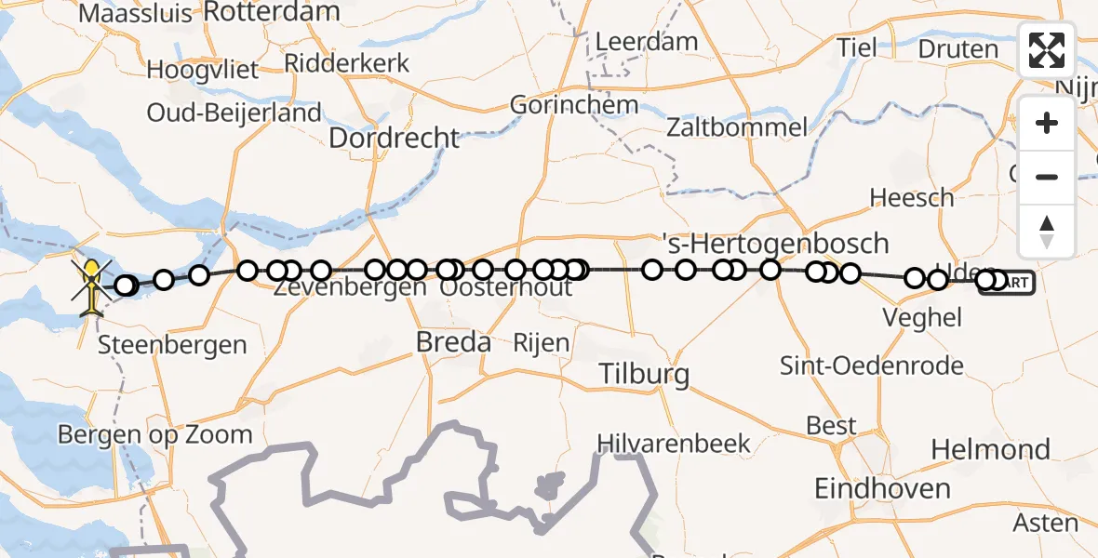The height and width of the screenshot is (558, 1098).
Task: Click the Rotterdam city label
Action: (x=271, y=12)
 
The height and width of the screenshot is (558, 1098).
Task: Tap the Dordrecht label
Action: (x=395, y=139)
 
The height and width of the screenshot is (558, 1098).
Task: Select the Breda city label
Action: (x=453, y=342)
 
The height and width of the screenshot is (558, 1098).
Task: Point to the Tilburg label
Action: (x=645, y=375)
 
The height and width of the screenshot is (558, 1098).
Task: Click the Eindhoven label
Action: (x=882, y=488)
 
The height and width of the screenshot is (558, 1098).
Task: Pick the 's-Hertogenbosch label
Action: (x=774, y=244)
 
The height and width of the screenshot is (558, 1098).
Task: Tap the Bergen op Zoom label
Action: (x=154, y=434)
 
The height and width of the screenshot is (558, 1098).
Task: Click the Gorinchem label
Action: (x=574, y=104)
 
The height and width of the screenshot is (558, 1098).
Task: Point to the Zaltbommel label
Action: (x=737, y=126)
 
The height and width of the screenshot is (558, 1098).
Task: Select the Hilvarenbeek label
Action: (x=674, y=443)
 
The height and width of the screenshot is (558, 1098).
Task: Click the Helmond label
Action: (x=991, y=450)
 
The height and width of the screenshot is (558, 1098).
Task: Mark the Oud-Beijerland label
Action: (x=234, y=113)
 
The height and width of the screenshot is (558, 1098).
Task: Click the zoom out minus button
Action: (x=1047, y=177)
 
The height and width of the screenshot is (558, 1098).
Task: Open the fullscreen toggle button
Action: (x=1047, y=50)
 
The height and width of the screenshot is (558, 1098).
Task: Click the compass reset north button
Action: (x=1047, y=230)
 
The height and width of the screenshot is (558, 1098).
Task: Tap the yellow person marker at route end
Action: (x=92, y=285)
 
